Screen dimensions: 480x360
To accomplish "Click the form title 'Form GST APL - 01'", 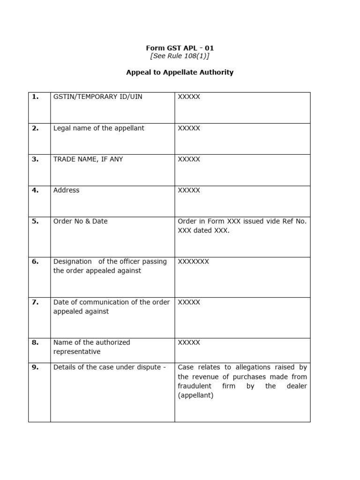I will [180, 48].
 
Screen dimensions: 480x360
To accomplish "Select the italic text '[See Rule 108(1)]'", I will [180, 56].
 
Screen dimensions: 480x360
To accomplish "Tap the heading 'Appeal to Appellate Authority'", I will [180, 73].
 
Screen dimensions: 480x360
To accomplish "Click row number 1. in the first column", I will [35, 97].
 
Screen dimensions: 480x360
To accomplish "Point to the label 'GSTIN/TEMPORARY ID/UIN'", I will [97, 97].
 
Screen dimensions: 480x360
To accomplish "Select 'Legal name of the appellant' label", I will [98, 128].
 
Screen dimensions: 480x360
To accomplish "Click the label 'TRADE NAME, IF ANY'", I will [88, 159].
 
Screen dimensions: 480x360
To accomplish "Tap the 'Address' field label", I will [66, 190].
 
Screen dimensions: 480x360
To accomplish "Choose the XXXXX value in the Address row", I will [189, 190].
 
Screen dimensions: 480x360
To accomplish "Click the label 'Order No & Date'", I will [80, 221].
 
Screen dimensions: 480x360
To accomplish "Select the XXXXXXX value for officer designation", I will [193, 262].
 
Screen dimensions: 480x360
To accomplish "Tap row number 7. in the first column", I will [35, 302].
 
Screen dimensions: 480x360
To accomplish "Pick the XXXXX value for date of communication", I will [189, 302].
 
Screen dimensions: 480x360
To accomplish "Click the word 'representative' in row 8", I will [77, 352].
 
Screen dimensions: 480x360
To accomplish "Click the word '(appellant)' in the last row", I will [195, 396].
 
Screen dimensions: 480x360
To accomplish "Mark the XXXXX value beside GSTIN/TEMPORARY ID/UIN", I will [189, 97].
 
